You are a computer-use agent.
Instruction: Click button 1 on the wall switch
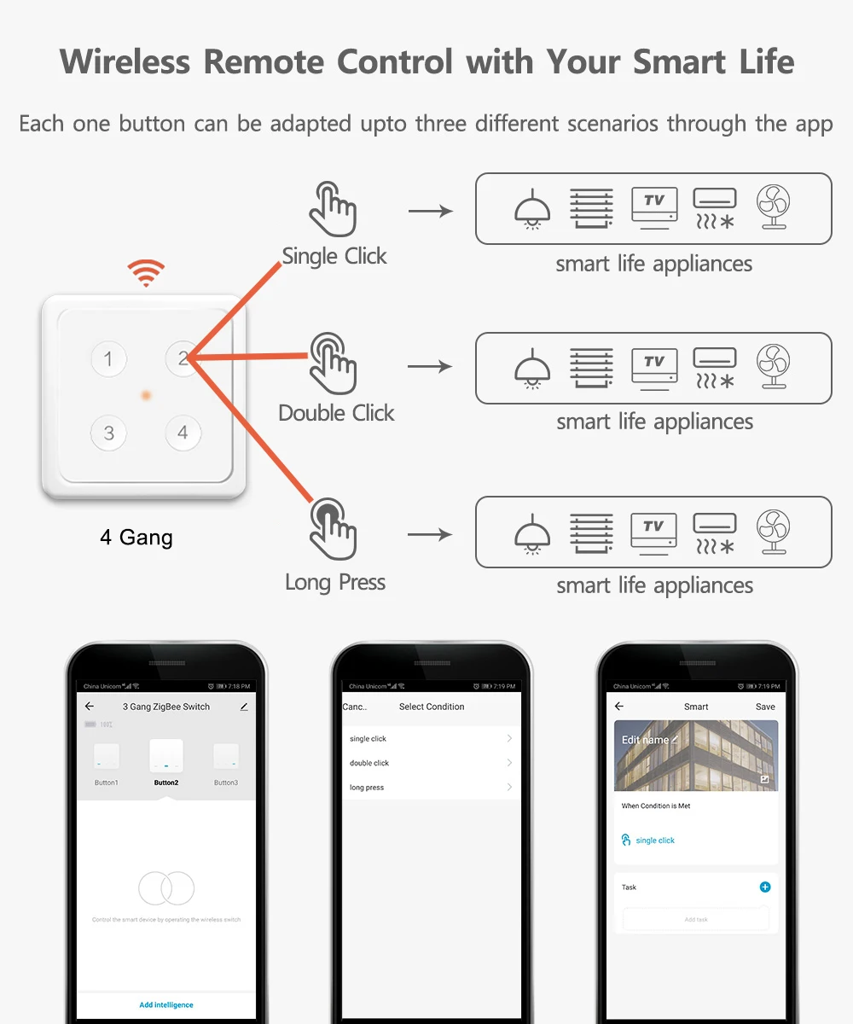[x=108, y=359]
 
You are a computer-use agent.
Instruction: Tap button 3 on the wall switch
[x=108, y=433]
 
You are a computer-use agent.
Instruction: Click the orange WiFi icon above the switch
[x=146, y=273]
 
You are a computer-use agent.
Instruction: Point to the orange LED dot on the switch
[x=146, y=395]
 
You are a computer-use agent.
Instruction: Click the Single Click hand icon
[x=333, y=209]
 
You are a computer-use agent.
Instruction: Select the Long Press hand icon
[x=333, y=529]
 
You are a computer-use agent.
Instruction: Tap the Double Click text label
[x=336, y=413]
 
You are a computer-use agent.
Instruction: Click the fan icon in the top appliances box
[x=773, y=207]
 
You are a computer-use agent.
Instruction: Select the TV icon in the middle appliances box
[x=654, y=368]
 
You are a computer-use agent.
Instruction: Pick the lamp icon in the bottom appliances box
[x=532, y=533]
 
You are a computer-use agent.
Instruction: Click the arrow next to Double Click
[x=430, y=366]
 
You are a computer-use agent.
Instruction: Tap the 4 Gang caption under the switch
[x=136, y=538]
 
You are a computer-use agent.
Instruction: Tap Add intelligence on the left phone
[x=166, y=1004]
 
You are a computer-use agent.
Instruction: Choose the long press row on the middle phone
[x=431, y=788]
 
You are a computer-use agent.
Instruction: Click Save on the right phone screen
[x=765, y=707]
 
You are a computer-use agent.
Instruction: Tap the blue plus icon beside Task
[x=765, y=887]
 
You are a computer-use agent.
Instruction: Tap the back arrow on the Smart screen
[x=619, y=707]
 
